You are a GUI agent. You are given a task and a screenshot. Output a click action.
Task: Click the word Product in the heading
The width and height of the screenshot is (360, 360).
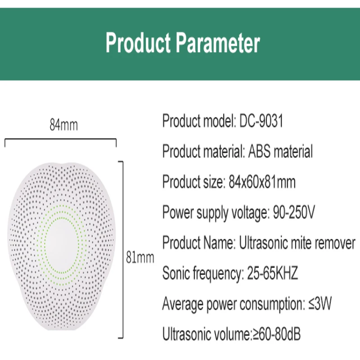pyautogui.click(x=138, y=43)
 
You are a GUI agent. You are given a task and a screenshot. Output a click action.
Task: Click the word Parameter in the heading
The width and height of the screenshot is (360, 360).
pyautogui.click(x=218, y=43)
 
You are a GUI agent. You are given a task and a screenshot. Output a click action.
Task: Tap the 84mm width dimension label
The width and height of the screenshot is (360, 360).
pyautogui.click(x=64, y=125)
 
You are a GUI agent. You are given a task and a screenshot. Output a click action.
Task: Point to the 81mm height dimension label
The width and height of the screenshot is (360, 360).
pyautogui.click(x=140, y=257)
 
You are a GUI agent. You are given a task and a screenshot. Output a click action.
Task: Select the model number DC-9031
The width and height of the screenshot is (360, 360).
pyautogui.click(x=261, y=121)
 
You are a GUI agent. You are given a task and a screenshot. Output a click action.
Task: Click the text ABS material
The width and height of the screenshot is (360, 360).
pyautogui.click(x=280, y=151)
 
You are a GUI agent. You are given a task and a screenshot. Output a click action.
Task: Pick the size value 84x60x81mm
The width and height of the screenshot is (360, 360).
pyautogui.click(x=262, y=182)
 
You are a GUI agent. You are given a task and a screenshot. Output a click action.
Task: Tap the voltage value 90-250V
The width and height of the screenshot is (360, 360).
pyautogui.click(x=294, y=212)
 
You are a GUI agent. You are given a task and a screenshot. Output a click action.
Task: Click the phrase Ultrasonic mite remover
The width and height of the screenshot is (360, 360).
pyautogui.click(x=297, y=243)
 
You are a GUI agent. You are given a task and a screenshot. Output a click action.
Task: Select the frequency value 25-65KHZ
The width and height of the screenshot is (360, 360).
pyautogui.click(x=272, y=273)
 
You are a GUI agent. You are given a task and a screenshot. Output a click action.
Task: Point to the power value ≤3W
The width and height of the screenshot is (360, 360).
pyautogui.click(x=320, y=303)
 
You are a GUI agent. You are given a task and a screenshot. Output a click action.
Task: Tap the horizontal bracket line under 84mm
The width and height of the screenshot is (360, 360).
pyautogui.click(x=61, y=139)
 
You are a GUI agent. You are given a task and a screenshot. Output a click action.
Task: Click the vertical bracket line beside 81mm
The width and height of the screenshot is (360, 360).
pyautogui.click(x=123, y=250)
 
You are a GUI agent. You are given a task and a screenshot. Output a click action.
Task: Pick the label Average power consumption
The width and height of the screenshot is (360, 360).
pyautogui.click(x=234, y=303)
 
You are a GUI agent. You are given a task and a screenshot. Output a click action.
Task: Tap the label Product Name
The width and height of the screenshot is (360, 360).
pyautogui.click(x=199, y=243)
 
